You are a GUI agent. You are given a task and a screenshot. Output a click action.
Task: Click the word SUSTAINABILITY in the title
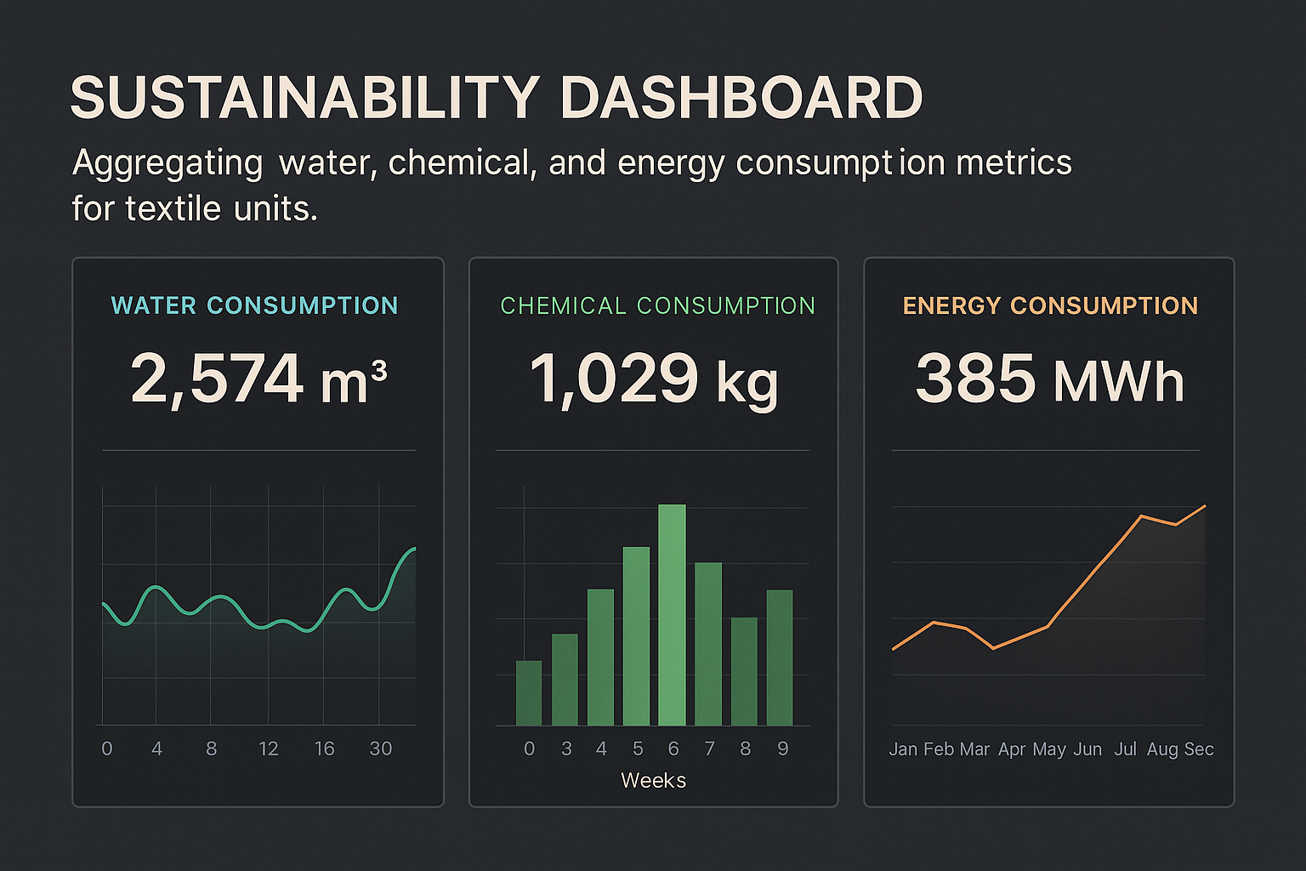[304, 98]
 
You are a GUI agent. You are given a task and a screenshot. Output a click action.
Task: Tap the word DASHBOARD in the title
[741, 98]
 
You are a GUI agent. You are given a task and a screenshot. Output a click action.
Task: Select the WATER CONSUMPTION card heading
[254, 305]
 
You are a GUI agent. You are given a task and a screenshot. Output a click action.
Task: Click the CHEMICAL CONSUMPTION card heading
[657, 305]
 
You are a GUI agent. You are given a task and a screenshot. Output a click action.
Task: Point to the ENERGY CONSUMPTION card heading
[1050, 305]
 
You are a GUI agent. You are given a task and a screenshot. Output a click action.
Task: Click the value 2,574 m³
[258, 379]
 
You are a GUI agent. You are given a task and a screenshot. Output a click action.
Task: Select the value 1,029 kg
[653, 379]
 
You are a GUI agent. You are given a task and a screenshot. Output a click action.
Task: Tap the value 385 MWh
[1049, 379]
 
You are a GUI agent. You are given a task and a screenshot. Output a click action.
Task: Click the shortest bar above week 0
[529, 693]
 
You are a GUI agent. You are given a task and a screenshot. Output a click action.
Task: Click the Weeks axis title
[653, 781]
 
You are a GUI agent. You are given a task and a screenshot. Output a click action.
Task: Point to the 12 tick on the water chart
[269, 749]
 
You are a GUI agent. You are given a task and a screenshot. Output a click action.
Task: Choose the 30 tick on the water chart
[380, 749]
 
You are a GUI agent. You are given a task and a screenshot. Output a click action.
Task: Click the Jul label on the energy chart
[1125, 749]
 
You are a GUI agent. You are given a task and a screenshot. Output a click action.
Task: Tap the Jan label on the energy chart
[903, 749]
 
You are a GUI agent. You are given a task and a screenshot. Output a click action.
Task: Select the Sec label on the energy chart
[1199, 749]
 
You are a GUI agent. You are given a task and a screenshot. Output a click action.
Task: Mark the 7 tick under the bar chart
[709, 749]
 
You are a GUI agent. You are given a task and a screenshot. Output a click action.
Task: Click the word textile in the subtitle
[173, 208]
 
